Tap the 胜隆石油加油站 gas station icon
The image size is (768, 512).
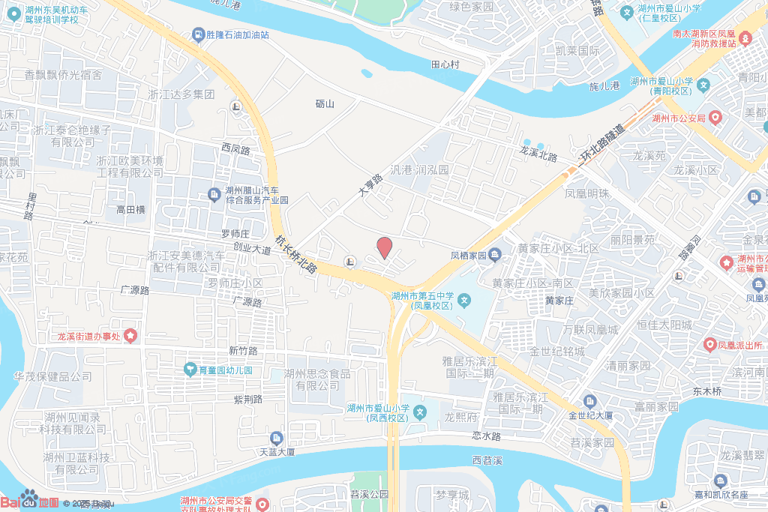coord(197,34)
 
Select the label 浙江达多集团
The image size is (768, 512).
coord(181,94)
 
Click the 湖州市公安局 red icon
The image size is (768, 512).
coord(715,118)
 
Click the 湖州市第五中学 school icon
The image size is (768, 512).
coord(465,301)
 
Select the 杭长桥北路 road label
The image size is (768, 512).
coord(296,254)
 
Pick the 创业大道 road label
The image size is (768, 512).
coord(253,247)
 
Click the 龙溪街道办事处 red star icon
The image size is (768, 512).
coord(131,335)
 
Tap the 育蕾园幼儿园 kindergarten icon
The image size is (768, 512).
coord(190,370)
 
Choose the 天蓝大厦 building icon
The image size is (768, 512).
coord(277,438)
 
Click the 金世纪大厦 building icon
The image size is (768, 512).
coord(589,401)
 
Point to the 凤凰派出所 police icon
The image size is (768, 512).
coord(709,345)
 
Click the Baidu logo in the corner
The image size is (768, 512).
coord(30,499)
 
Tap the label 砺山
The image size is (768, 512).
coord(325,104)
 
